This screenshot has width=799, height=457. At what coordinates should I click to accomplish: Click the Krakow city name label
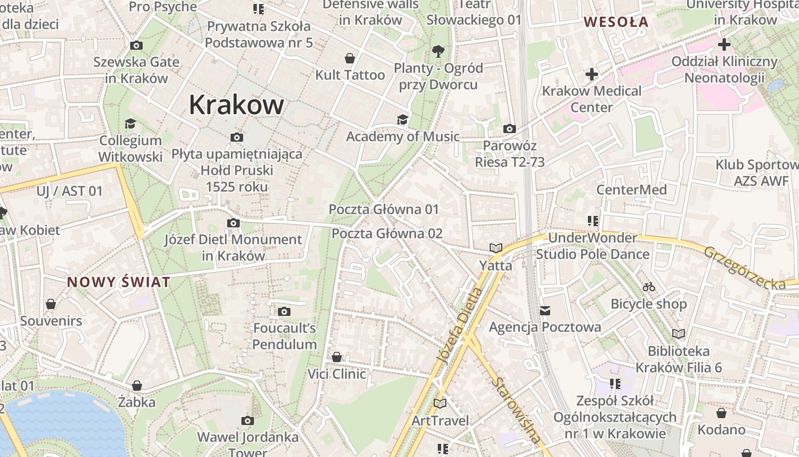click(236, 105)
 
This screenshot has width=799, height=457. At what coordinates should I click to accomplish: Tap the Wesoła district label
click(616, 22)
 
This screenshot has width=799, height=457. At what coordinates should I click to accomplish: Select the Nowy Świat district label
click(119, 282)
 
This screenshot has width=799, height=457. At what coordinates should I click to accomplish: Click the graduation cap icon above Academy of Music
click(402, 119)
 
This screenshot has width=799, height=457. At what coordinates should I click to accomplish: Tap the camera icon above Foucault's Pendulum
click(284, 311)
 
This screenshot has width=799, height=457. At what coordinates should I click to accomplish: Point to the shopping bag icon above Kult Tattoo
click(350, 58)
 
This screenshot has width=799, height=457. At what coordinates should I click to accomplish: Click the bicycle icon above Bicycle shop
click(648, 287)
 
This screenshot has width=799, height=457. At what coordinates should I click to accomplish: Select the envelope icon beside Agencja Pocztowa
click(545, 311)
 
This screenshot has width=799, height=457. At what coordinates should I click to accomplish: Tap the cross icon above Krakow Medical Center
click(592, 74)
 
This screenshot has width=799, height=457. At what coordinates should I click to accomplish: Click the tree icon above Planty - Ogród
click(438, 51)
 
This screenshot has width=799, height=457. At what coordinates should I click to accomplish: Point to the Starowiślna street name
click(517, 410)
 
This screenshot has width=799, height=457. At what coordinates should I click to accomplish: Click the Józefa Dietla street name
click(459, 326)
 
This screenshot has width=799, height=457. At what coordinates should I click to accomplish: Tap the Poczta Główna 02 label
click(387, 233)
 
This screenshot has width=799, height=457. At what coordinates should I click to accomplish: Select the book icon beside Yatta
click(495, 248)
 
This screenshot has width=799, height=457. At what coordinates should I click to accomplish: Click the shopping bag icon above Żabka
click(137, 386)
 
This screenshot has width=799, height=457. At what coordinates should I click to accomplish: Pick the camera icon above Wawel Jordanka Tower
click(247, 421)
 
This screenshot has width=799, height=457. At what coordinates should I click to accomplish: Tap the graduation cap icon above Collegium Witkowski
click(131, 123)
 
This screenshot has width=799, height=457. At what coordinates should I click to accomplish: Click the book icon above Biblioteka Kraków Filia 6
click(678, 334)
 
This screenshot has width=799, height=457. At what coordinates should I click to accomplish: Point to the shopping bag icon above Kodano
click(721, 412)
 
